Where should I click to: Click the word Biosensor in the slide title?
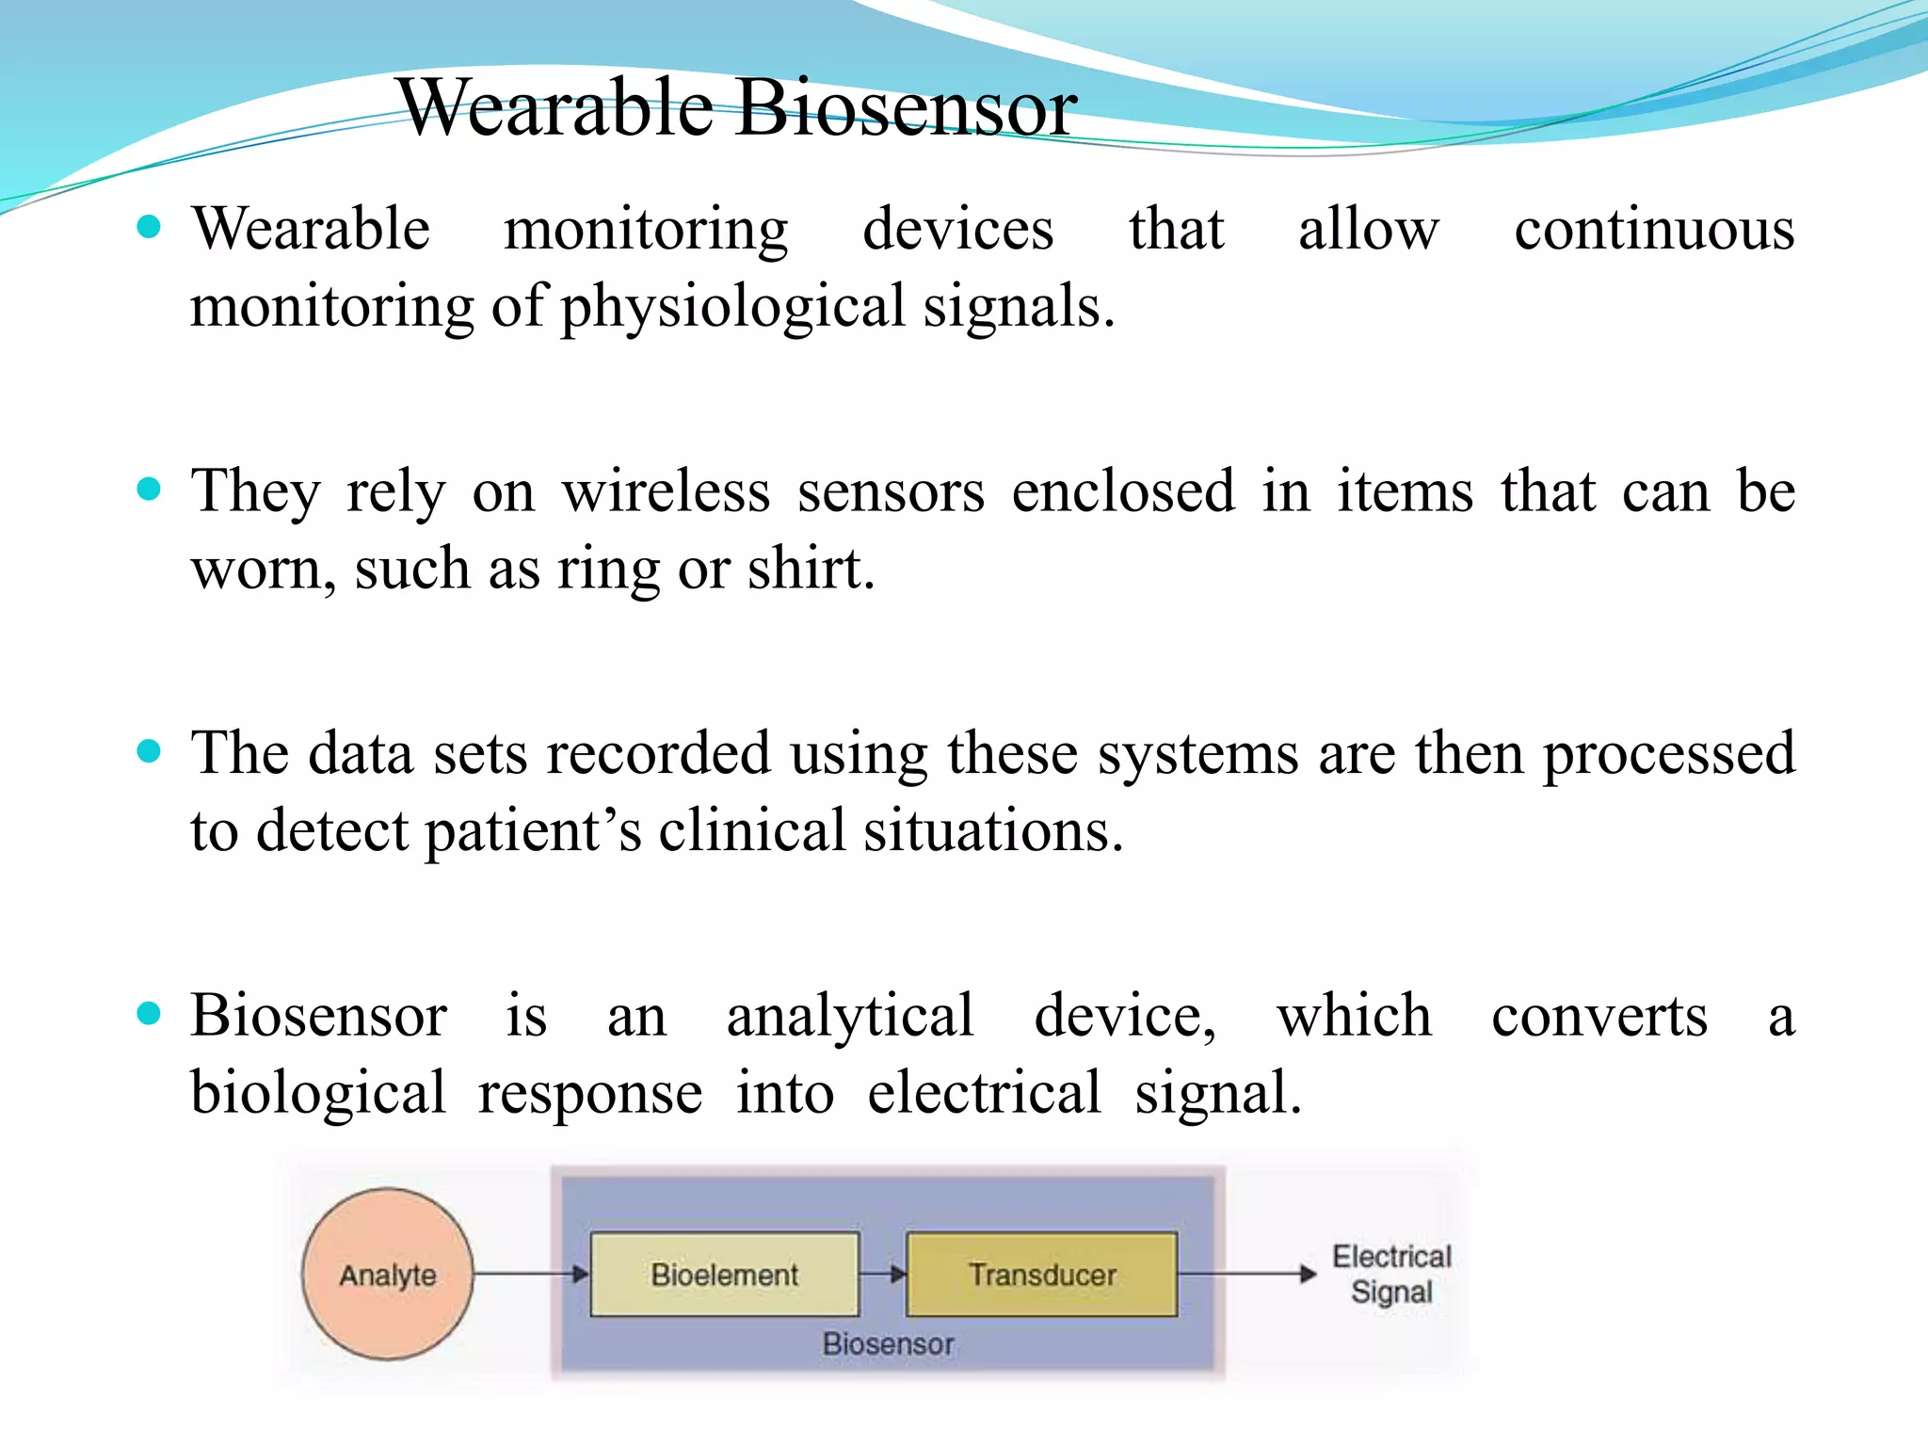[x=906, y=107]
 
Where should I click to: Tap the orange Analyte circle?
[x=387, y=1274]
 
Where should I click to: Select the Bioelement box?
[x=724, y=1274]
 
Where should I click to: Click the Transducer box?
[x=1041, y=1274]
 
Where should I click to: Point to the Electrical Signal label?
[x=1390, y=1274]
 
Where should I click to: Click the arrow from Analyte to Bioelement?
[x=530, y=1274]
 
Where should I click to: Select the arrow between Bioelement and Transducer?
[x=883, y=1274]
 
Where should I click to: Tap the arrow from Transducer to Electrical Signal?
[x=1246, y=1274]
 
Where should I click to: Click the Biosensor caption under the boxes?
[x=888, y=1343]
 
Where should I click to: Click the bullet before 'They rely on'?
[x=149, y=489]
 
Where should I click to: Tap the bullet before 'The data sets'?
[x=149, y=751]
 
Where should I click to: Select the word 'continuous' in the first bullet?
[x=1654, y=229]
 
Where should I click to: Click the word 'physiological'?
[x=733, y=308]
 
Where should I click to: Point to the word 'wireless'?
[x=666, y=491]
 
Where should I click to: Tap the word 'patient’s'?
[x=533, y=832]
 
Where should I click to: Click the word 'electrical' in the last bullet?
[x=983, y=1093]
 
